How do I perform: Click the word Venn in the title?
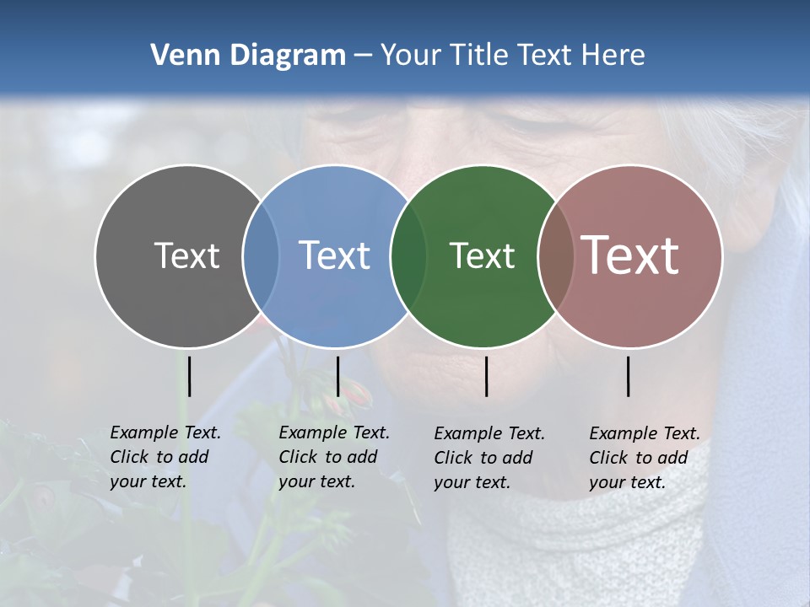pyautogui.click(x=180, y=56)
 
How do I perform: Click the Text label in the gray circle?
pyautogui.click(x=186, y=255)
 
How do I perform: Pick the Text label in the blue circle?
pyautogui.click(x=334, y=255)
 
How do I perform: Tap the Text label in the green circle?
pyautogui.click(x=482, y=255)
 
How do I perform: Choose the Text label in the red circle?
pyautogui.click(x=630, y=255)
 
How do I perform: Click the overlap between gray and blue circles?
pyautogui.click(x=261, y=256)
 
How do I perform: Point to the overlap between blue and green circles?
pyautogui.click(x=408, y=256)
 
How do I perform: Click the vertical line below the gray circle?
pyautogui.click(x=190, y=376)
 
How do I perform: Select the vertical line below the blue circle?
pyautogui.click(x=337, y=376)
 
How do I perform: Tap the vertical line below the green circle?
pyautogui.click(x=487, y=376)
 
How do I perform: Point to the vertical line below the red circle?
pyautogui.click(x=629, y=376)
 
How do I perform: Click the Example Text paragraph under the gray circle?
pyautogui.click(x=165, y=457)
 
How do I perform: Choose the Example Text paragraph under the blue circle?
pyautogui.click(x=334, y=457)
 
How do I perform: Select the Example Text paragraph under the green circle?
pyautogui.click(x=489, y=458)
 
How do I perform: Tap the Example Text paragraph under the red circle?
pyautogui.click(x=645, y=458)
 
